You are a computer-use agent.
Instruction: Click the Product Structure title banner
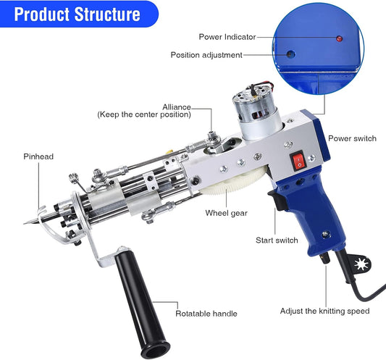point(76,14)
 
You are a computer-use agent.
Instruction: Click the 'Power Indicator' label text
point(226,37)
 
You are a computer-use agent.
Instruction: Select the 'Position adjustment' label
point(206,55)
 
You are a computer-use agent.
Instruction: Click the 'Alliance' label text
point(177,106)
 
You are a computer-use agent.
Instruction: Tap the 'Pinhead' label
point(38,156)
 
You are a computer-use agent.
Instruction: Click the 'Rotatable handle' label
point(206,314)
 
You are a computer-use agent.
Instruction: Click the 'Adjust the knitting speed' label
point(325,311)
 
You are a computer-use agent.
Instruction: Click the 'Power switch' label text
point(351,138)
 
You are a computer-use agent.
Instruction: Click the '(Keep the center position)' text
point(145,114)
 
